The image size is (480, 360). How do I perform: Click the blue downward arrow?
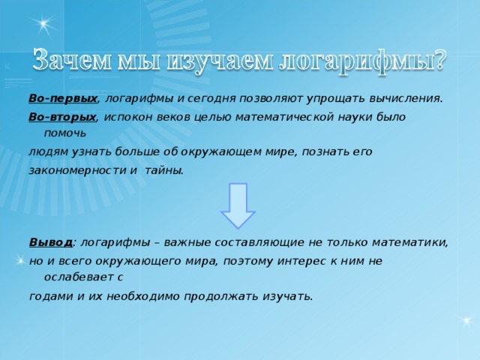[238, 204]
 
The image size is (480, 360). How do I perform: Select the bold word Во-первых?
[63, 98]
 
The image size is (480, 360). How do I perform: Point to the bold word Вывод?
[50, 242]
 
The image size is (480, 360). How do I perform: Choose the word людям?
[47, 151]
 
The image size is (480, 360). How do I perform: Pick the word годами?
[49, 295]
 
